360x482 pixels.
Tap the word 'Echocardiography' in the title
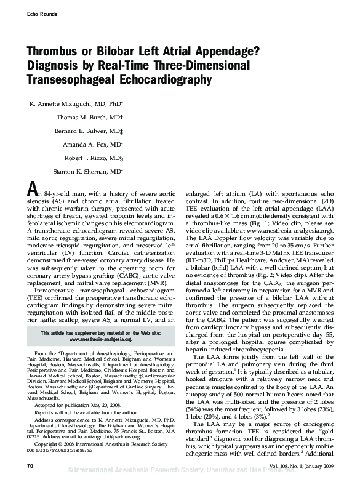(x=159, y=79)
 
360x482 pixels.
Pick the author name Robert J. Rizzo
(x=92, y=158)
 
